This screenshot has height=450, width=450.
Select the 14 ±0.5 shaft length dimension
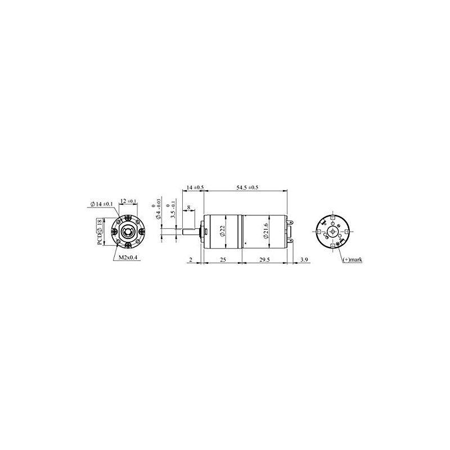[x=195, y=187]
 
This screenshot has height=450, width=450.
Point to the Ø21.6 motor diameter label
[x=267, y=231]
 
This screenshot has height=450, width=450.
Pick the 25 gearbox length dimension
[x=223, y=259]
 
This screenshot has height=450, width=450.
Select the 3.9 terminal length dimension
[x=304, y=259]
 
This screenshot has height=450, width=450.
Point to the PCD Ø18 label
[x=100, y=231]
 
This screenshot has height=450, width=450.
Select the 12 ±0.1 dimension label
[x=128, y=201]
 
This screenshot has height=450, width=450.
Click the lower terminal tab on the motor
[x=291, y=240]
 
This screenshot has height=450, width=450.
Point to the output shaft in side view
[x=186, y=231]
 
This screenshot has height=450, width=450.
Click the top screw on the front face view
[x=129, y=216]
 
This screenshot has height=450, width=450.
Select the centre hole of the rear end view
[x=333, y=231]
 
